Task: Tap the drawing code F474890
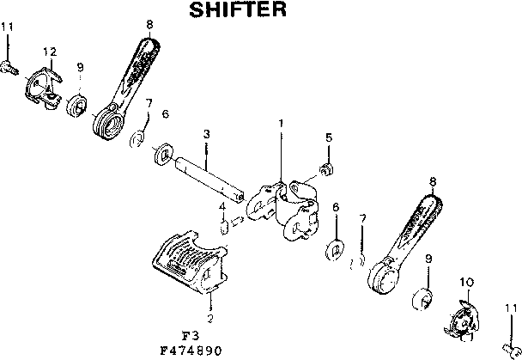(x=196, y=350)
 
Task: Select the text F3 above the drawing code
(x=191, y=336)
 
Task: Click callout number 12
(x=50, y=52)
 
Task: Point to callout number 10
(x=467, y=281)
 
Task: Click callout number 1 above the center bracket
(x=280, y=123)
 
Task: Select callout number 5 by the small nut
(x=328, y=137)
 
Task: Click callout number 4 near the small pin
(x=221, y=207)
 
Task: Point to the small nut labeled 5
(x=325, y=167)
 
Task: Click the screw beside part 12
(x=10, y=64)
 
